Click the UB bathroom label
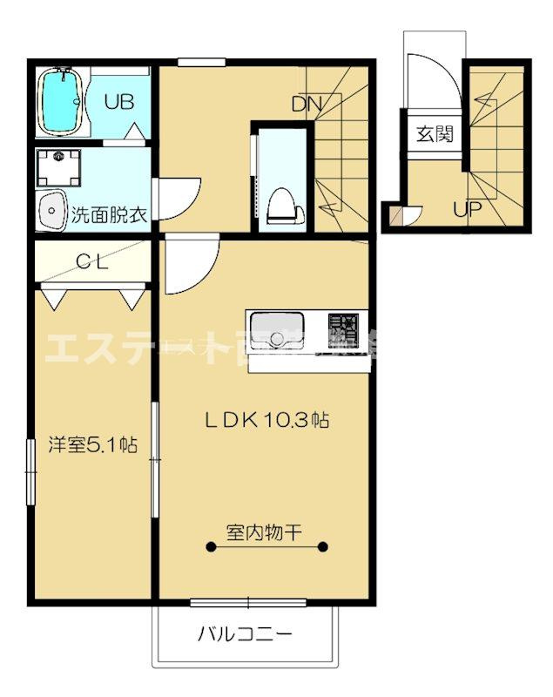(119, 101)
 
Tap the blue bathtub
(60, 103)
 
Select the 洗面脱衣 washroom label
(108, 214)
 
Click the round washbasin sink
(51, 210)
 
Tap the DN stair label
(306, 105)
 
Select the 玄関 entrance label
(433, 134)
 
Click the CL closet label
(91, 262)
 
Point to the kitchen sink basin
(276, 335)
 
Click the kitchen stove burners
(341, 331)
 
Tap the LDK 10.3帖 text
(266, 419)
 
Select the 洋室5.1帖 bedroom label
(92, 444)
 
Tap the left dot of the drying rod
(210, 547)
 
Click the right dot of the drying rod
(323, 547)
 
